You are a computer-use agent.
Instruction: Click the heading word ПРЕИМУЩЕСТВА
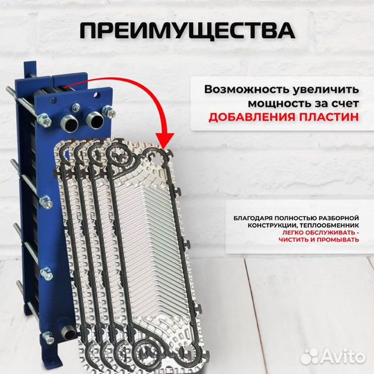(x=186, y=30)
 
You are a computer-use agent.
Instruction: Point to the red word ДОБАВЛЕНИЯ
(x=247, y=118)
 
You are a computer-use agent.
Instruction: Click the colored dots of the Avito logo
(x=319, y=355)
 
